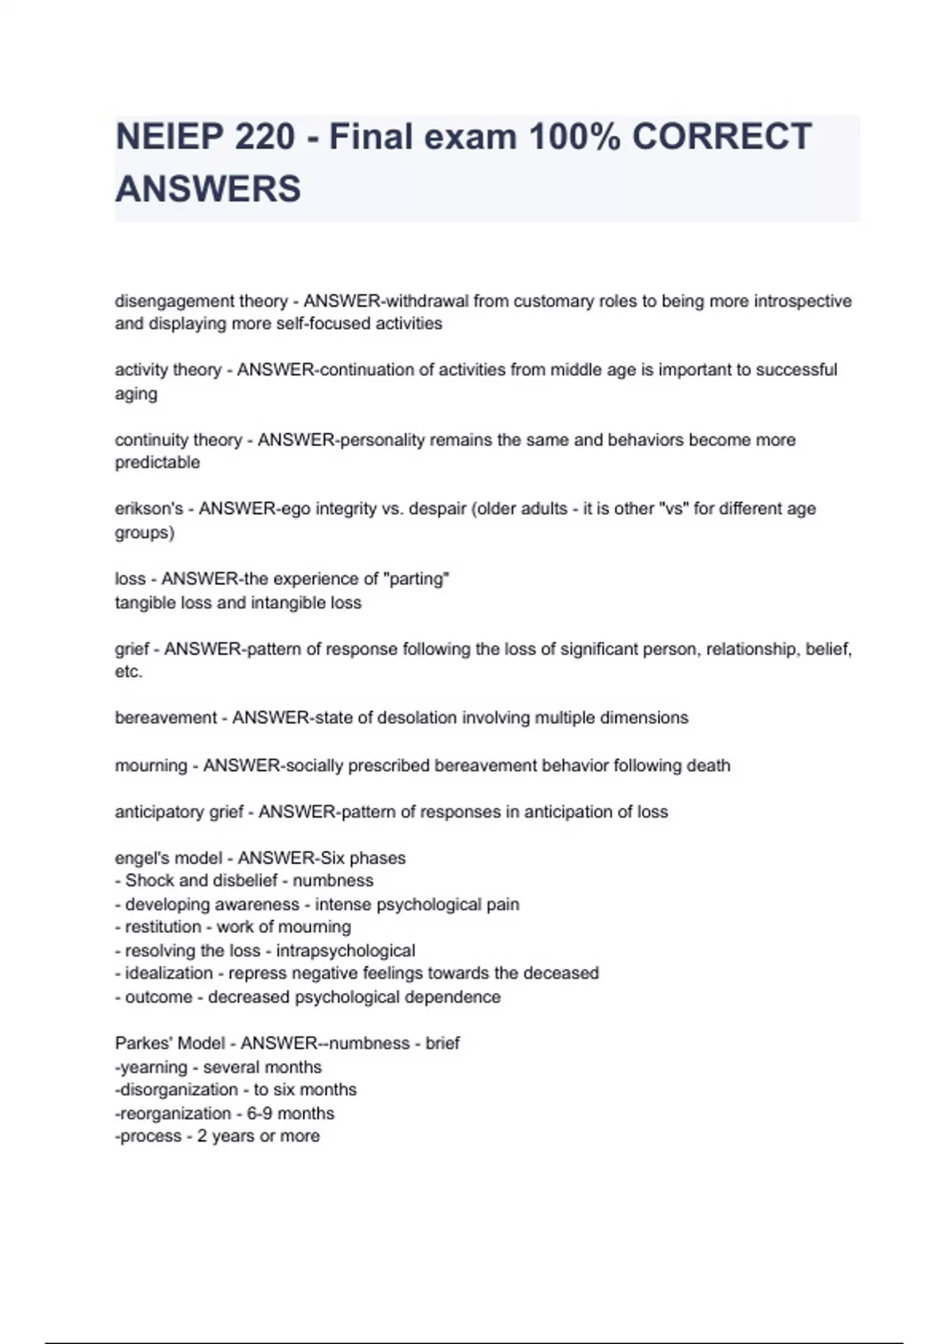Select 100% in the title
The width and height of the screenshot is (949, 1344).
(x=574, y=137)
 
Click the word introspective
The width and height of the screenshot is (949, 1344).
(x=803, y=301)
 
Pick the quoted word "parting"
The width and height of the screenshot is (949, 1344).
(x=416, y=579)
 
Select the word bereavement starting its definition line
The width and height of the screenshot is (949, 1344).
(x=165, y=718)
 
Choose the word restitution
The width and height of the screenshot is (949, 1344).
(x=163, y=927)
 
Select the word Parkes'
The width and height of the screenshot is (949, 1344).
(x=142, y=1044)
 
